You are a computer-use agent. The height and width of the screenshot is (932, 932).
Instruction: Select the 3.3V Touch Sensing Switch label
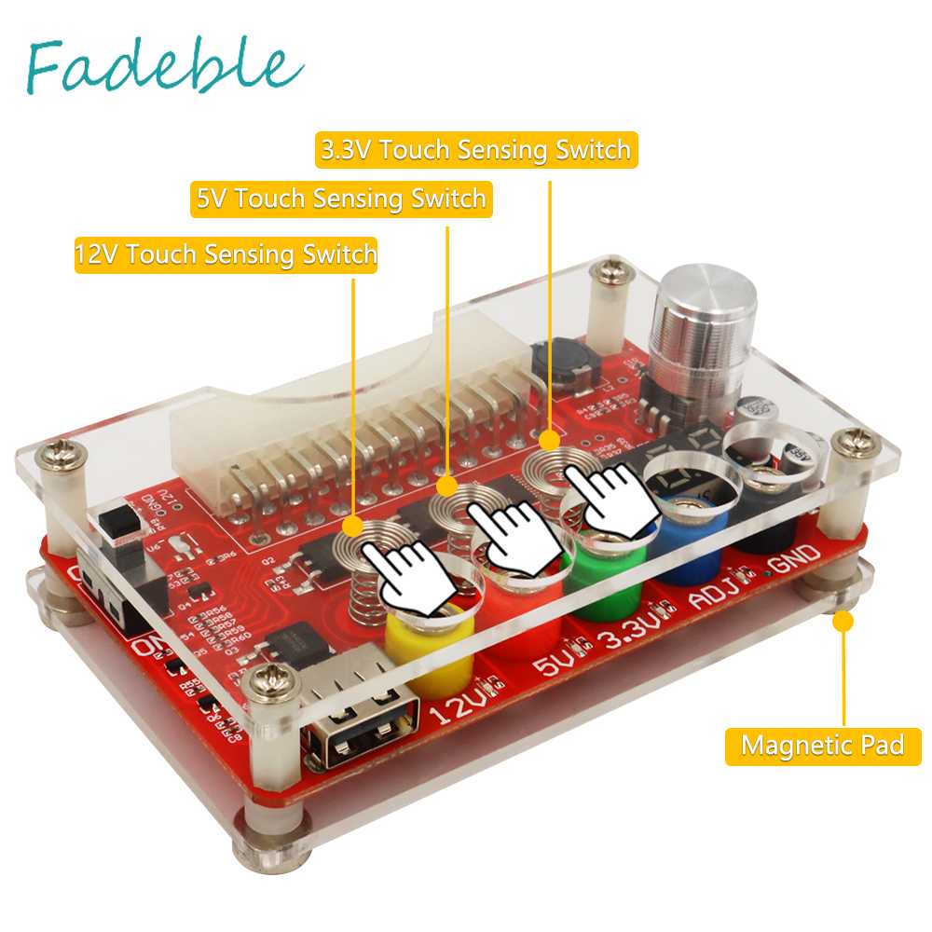point(476,150)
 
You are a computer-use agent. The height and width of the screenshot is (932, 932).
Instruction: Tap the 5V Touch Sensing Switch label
point(341,199)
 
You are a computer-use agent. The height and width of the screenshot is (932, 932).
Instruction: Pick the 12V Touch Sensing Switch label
point(226,254)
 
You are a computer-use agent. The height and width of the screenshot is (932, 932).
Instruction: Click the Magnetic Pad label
point(822,746)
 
